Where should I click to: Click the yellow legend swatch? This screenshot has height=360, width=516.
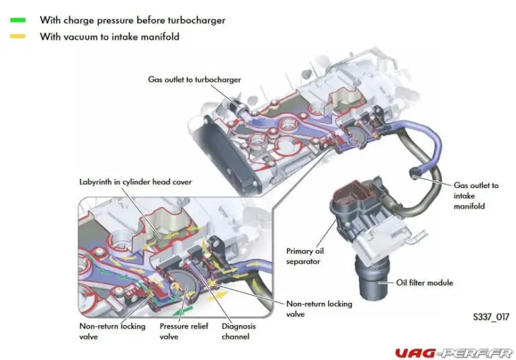(17, 36)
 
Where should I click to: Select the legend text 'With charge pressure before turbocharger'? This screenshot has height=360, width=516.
(132, 20)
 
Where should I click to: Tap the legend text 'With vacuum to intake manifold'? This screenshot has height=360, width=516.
(110, 37)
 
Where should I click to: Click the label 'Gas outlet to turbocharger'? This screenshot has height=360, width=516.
(194, 79)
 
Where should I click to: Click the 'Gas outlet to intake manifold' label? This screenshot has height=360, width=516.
(476, 195)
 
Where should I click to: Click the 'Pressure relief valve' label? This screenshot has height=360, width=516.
(183, 331)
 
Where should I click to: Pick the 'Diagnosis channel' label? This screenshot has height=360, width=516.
(239, 331)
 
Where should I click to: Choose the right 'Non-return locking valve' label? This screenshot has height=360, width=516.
(318, 308)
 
